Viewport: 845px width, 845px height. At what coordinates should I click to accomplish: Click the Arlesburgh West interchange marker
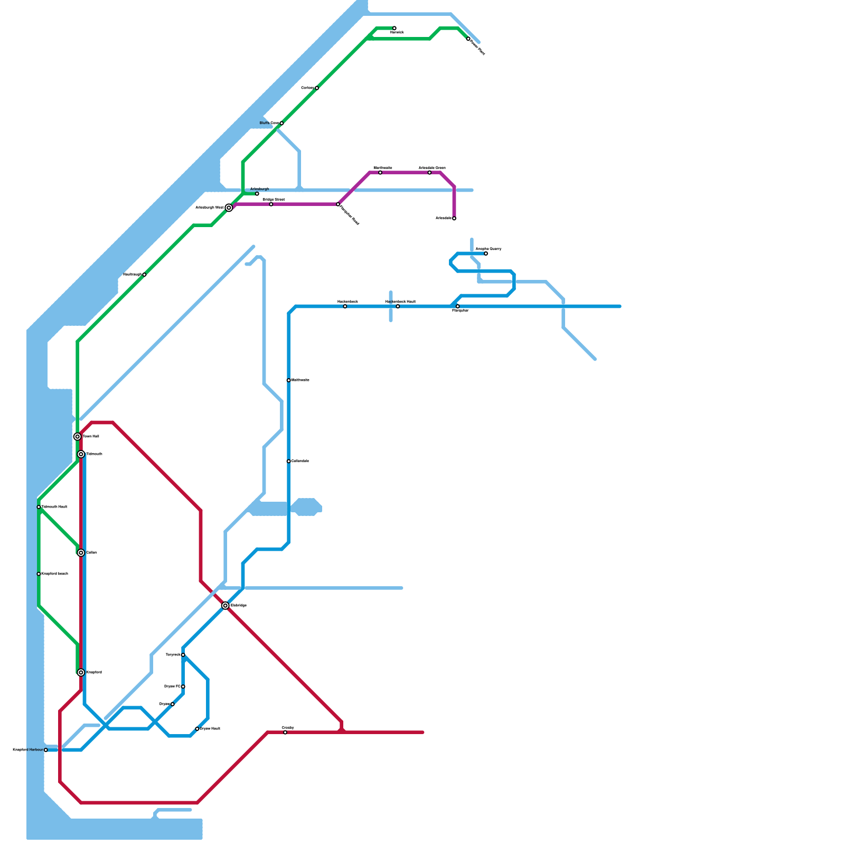[x=229, y=208]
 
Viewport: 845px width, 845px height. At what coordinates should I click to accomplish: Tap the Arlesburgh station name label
[x=259, y=189]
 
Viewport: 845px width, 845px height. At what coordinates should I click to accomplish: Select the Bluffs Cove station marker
[x=281, y=123]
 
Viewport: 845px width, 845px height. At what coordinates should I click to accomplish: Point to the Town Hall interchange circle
[x=78, y=437]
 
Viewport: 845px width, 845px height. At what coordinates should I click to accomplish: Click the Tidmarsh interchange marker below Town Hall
[x=81, y=454]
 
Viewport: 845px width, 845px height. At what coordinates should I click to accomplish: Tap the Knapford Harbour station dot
[x=46, y=750]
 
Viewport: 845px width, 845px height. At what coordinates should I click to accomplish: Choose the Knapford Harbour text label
[x=27, y=749]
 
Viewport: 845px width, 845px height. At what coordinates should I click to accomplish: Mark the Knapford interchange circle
[x=81, y=672]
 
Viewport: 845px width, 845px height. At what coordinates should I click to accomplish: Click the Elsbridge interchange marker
[x=226, y=606]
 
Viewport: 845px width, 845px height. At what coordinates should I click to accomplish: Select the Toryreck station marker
[x=183, y=655]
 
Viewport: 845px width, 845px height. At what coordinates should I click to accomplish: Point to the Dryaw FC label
[x=172, y=686]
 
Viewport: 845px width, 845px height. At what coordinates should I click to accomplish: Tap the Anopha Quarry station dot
[x=486, y=253]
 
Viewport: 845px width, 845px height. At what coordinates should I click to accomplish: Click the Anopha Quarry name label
[x=489, y=249]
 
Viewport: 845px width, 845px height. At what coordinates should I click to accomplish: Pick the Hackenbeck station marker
[x=345, y=306]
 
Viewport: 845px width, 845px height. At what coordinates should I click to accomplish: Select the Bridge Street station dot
[x=271, y=204]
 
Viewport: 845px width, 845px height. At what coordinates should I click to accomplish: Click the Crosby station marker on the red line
[x=285, y=733]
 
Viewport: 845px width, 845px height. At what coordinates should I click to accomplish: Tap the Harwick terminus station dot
[x=395, y=28]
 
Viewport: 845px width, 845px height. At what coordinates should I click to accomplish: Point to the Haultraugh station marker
[x=144, y=275]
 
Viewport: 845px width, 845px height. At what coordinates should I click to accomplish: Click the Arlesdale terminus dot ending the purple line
[x=454, y=218]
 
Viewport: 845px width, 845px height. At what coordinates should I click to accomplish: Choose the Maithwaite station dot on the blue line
[x=289, y=380]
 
